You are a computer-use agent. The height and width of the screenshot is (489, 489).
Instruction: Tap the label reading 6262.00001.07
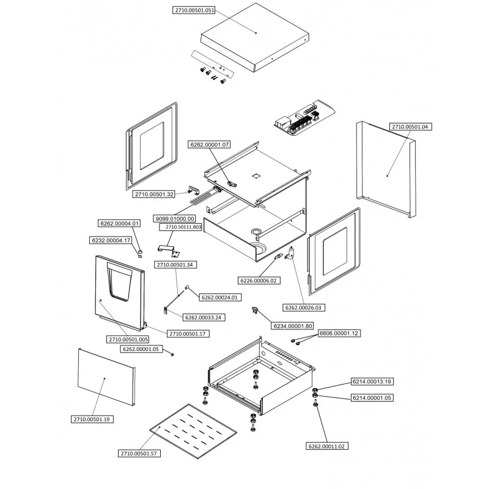point(209,144)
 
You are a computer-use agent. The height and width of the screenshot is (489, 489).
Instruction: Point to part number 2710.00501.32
point(155,194)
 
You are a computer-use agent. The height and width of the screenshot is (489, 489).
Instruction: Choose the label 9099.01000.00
point(175,218)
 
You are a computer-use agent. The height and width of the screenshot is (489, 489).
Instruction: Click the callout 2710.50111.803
point(180,227)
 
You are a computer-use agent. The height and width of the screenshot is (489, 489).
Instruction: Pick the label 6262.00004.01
point(120,223)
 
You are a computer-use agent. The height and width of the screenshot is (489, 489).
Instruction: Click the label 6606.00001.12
point(339,333)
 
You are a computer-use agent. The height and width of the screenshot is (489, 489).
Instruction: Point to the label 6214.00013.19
point(371,381)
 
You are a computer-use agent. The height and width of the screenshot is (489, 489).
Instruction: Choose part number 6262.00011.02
point(326,446)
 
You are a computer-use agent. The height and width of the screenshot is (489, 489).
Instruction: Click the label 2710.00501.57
point(141,453)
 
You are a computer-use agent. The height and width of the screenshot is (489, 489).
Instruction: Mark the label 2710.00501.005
point(128,339)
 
